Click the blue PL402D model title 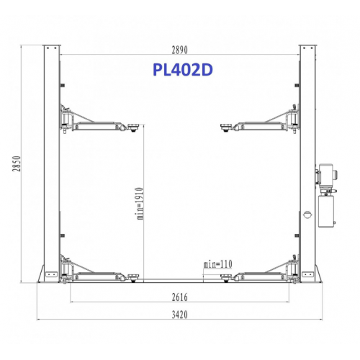tap(183, 70)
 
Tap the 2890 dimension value tap(179, 50)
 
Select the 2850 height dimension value tap(17, 163)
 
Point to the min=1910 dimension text tap(140, 204)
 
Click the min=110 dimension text tap(218, 264)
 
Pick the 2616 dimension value tap(180, 297)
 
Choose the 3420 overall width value tap(180, 315)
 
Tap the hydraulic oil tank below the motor tap(326, 211)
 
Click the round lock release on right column tap(307, 215)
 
